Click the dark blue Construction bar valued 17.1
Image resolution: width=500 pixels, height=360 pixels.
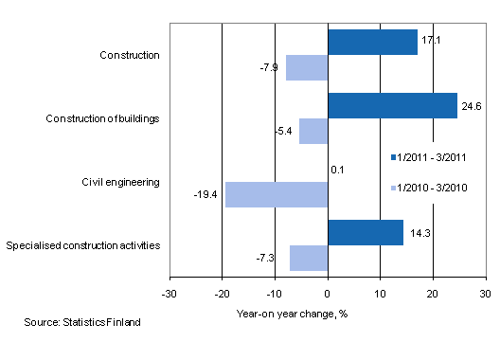tap(372, 42)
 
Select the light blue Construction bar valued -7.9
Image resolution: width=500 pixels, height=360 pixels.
tap(307, 67)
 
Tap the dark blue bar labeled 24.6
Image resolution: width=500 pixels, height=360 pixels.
tap(392, 105)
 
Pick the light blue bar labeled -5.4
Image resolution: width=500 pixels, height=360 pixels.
tap(313, 131)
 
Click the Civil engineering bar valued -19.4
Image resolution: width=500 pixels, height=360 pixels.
tap(277, 194)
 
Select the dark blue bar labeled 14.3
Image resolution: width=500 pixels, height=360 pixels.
tap(366, 232)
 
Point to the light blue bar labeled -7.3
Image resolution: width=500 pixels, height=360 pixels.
tap(309, 258)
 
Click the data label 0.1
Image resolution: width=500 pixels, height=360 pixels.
tap(336, 170)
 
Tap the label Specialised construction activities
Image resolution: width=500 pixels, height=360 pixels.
tap(82, 245)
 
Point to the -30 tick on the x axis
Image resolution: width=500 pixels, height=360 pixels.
tap(170, 293)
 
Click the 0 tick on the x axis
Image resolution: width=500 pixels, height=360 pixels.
tap(328, 293)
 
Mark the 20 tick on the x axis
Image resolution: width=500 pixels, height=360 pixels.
tap(433, 293)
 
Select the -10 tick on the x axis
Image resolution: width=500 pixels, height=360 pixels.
tap(275, 293)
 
